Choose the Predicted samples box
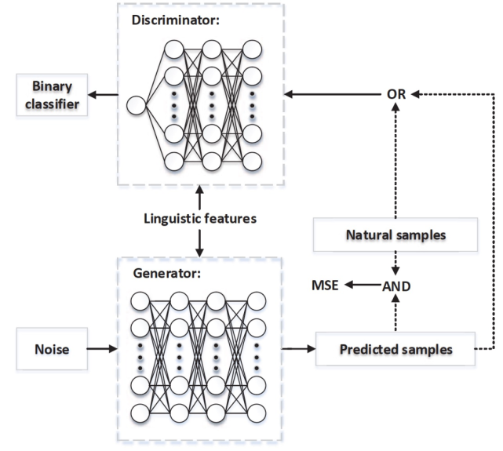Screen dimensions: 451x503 click(x=396, y=348)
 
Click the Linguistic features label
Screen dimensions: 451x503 click(x=200, y=218)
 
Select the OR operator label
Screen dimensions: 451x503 click(x=396, y=95)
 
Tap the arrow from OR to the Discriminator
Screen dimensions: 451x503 click(x=330, y=95)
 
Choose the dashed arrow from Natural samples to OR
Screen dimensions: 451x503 click(x=396, y=157)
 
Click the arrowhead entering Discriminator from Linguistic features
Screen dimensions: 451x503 click(x=201, y=189)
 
